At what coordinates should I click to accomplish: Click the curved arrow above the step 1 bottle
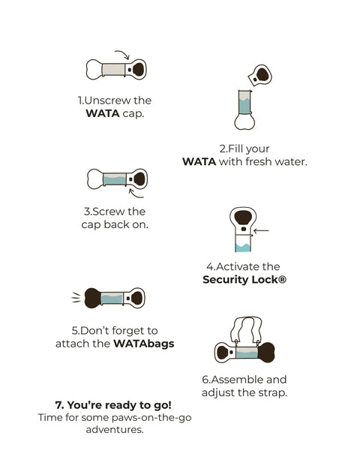click(x=124, y=53)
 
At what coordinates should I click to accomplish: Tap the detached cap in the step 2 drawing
click(x=260, y=76)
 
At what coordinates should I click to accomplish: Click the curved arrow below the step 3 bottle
click(x=136, y=194)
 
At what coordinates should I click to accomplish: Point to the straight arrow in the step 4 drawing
click(x=261, y=231)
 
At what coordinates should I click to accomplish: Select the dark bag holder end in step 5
click(x=92, y=298)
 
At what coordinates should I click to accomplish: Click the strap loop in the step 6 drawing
click(x=246, y=329)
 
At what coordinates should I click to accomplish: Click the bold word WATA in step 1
click(x=103, y=114)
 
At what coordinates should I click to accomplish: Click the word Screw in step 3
click(x=108, y=212)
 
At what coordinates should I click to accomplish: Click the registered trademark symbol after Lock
click(x=282, y=280)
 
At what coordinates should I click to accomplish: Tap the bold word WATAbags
click(x=144, y=344)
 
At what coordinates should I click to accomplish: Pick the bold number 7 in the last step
click(x=59, y=405)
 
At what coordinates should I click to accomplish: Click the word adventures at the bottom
click(x=115, y=429)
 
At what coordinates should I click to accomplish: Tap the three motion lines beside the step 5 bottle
click(x=76, y=297)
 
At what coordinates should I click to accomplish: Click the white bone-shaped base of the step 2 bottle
click(x=244, y=122)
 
